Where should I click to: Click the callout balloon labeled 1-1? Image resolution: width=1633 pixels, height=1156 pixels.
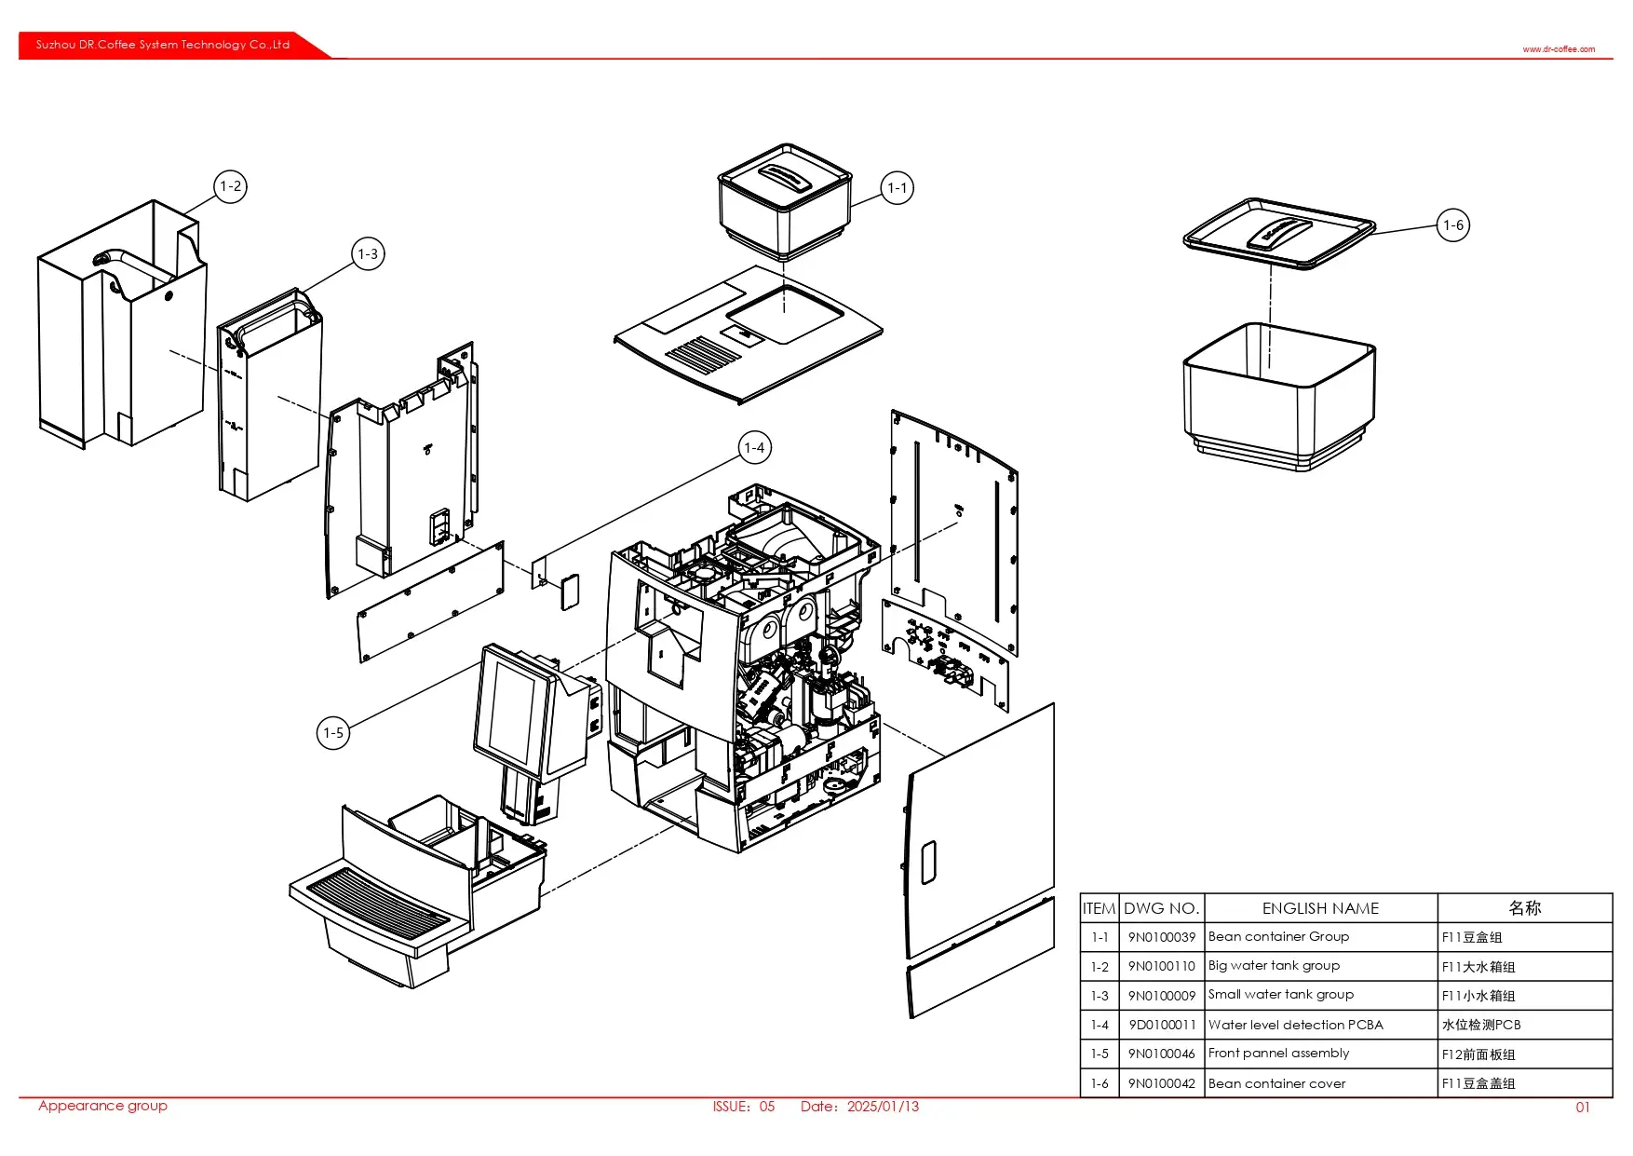[x=897, y=188]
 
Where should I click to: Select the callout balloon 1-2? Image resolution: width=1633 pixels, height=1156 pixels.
[x=230, y=186]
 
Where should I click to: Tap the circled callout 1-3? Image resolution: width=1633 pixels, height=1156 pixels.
[x=368, y=253]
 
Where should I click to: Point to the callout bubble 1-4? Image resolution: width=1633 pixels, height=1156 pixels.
[x=754, y=448]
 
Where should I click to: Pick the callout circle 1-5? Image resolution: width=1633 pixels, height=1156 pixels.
[x=333, y=733]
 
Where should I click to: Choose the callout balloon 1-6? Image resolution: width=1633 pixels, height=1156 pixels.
[x=1453, y=225]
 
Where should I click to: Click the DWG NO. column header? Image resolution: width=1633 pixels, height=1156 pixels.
[x=1161, y=908]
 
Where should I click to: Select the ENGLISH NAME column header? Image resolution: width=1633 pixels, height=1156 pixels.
[x=1320, y=908]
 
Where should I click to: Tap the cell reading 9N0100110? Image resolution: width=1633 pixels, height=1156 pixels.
[x=1161, y=966]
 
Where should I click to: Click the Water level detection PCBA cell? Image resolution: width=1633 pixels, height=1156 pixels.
[x=1295, y=1025]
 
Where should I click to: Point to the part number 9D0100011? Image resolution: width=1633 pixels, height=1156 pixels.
[x=1161, y=1025]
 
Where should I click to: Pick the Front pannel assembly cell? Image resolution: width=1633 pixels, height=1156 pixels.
[x=1278, y=1054]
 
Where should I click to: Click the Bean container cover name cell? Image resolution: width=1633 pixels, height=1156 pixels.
[x=1276, y=1083]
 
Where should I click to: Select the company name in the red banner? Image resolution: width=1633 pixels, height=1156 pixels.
[x=163, y=45]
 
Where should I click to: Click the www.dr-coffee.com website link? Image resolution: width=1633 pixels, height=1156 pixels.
[x=1559, y=49]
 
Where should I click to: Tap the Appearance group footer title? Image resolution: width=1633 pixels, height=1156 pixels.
[x=102, y=1106]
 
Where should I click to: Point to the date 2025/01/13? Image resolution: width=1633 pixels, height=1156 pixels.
[x=883, y=1107]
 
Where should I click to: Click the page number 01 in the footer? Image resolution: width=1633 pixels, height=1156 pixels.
[x=1583, y=1108]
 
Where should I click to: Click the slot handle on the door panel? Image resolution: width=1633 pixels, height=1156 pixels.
[x=928, y=863]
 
